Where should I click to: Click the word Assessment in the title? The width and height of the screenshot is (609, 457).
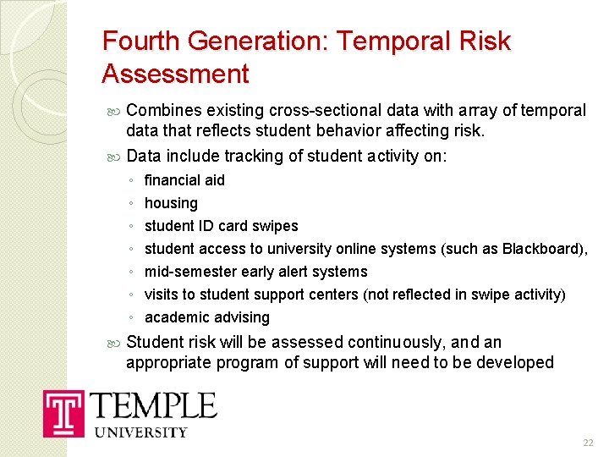point(175,74)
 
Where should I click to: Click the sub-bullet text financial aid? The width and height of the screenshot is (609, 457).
point(184,180)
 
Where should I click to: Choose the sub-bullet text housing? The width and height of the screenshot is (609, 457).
point(171,203)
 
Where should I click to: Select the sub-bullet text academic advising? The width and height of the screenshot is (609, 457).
point(206,317)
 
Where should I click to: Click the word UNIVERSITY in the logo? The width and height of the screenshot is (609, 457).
point(139,432)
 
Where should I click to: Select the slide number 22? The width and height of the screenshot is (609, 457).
point(588,443)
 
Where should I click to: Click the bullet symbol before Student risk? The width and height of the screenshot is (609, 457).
point(116,343)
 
